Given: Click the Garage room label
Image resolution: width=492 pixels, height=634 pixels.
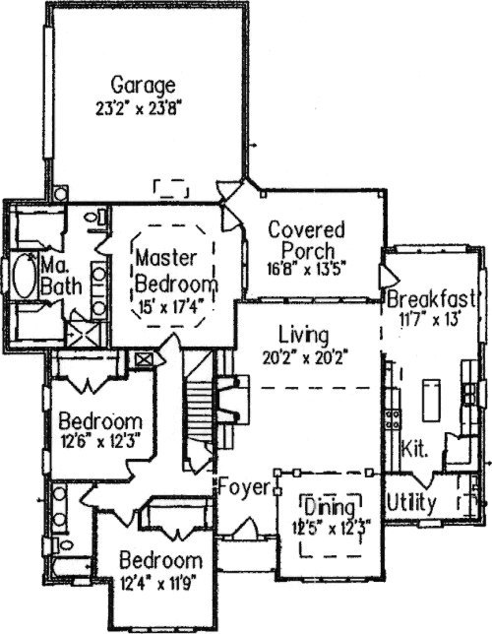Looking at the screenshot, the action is [x=143, y=86].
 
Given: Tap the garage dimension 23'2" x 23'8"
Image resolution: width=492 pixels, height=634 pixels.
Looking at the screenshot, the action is [x=137, y=108].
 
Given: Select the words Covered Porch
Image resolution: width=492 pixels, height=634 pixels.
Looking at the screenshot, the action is [x=307, y=240].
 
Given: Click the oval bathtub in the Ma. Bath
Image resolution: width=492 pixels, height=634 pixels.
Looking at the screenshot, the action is [x=26, y=276].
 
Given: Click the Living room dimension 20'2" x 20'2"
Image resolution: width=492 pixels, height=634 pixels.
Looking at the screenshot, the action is [x=305, y=357].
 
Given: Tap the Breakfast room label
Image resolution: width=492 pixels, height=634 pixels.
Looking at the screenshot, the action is [x=431, y=299].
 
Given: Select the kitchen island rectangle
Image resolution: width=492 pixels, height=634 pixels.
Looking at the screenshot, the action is [x=431, y=400].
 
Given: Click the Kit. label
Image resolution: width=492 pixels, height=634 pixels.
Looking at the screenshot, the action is [x=414, y=448].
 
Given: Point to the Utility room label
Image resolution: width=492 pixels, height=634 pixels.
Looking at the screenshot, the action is [x=411, y=503].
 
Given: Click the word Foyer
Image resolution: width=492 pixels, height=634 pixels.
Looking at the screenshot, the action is [x=244, y=487].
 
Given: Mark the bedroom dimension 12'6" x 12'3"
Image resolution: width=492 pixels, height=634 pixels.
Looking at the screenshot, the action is [x=100, y=440].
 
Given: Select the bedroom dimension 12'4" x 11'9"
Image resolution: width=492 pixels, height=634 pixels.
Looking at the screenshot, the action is [x=158, y=584].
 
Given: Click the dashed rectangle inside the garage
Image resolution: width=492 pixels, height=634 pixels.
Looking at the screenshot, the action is [x=170, y=189].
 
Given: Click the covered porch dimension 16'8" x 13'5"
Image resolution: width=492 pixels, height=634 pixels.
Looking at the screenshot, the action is [x=307, y=269].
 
